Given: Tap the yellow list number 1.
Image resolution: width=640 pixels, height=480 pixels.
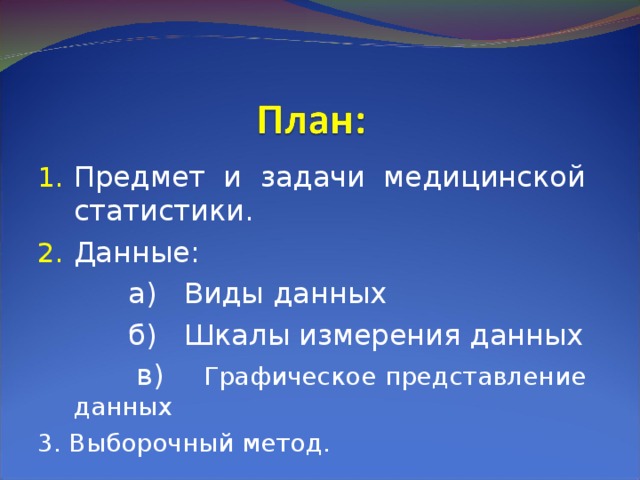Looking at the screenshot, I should (x=50, y=179).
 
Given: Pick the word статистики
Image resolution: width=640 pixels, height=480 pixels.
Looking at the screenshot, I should (x=163, y=212).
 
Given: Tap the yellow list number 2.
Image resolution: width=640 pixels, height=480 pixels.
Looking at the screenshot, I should (x=50, y=254).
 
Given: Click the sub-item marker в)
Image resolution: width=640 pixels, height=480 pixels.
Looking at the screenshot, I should (x=151, y=376).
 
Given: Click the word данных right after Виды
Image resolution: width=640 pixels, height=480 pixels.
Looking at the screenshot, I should (x=327, y=294).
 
